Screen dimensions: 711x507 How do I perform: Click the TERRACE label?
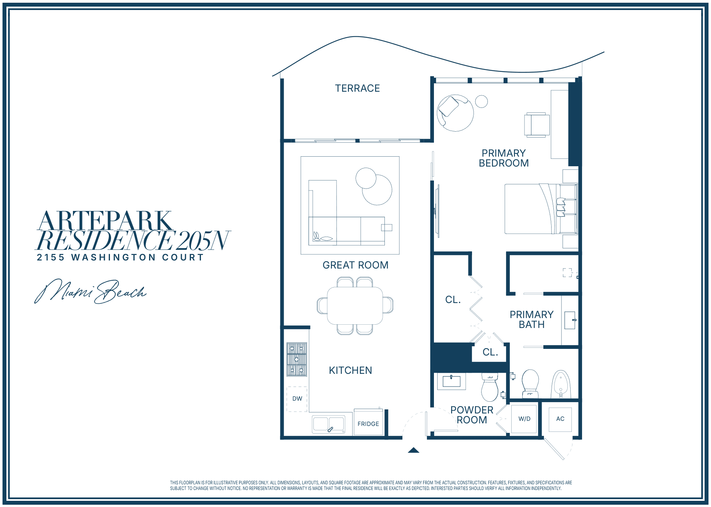point(357,88)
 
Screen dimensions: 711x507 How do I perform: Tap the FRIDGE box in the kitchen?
point(368,422)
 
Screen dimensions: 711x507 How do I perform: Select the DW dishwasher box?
point(297,399)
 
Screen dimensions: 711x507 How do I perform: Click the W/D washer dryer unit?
point(524,419)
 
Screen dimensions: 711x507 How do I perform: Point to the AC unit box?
point(560,419)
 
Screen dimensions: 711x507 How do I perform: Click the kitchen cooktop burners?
point(296,360)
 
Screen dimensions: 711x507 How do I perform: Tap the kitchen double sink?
point(328,424)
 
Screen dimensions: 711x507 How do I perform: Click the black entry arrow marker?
point(413,450)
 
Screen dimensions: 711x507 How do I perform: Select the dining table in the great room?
point(355,306)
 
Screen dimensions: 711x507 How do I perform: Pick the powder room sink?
point(452,381)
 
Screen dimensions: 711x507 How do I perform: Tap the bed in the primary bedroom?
point(541,209)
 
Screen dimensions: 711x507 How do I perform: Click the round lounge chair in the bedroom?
point(455,113)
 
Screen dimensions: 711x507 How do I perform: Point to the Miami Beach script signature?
point(91,291)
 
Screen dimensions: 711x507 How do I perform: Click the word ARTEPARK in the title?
point(105,221)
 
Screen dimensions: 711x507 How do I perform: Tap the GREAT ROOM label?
point(355,265)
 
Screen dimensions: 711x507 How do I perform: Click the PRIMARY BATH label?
point(531,320)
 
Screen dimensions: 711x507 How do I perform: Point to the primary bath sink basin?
point(570,320)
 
